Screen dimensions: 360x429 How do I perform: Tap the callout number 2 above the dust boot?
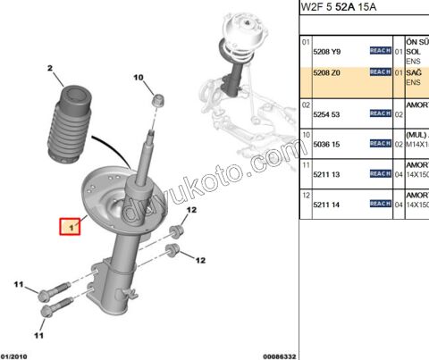51,69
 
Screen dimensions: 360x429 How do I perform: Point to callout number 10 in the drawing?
139,79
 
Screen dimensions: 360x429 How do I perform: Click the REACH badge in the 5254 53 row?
380,113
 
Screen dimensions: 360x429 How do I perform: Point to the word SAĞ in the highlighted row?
414,72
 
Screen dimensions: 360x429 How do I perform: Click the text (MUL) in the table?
416,134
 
